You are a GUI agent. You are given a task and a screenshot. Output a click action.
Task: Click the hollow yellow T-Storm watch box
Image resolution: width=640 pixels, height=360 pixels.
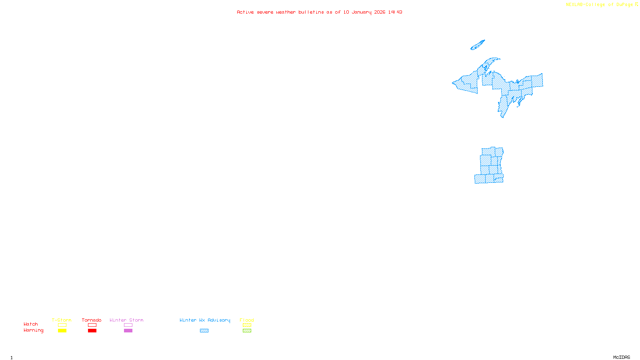pyautogui.click(x=62, y=325)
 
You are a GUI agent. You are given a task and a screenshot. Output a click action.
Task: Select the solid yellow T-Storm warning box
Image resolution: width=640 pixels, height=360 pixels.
pyautogui.click(x=62, y=331)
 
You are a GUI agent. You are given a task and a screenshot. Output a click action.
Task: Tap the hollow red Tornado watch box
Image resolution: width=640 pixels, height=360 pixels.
pyautogui.click(x=92, y=325)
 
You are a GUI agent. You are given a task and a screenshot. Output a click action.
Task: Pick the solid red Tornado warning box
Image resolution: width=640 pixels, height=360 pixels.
pyautogui.click(x=92, y=331)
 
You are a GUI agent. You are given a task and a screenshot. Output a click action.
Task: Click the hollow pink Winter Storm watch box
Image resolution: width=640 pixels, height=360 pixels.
pyautogui.click(x=128, y=325)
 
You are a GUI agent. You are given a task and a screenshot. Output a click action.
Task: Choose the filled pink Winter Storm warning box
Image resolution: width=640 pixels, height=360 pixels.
pyautogui.click(x=128, y=331)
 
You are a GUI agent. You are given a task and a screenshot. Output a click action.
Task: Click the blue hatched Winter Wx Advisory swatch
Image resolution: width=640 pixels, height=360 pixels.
pyautogui.click(x=204, y=331)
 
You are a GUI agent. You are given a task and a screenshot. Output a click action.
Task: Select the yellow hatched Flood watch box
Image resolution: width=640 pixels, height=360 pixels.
pyautogui.click(x=247, y=325)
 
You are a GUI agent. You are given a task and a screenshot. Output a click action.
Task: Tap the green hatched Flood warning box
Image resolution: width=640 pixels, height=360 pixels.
pyautogui.click(x=247, y=331)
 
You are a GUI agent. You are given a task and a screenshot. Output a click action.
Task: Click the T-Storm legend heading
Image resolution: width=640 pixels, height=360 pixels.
pyautogui.click(x=62, y=320)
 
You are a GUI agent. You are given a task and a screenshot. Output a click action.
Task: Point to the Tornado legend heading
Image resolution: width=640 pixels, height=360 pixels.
pyautogui.click(x=92, y=320)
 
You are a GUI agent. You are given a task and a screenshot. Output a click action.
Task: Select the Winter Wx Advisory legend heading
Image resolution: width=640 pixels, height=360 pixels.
pyautogui.click(x=205, y=320)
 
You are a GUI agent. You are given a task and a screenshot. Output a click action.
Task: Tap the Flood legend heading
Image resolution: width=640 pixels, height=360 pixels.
pyautogui.click(x=247, y=320)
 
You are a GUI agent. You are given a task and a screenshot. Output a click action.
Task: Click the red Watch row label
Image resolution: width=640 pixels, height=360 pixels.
pyautogui.click(x=31, y=324)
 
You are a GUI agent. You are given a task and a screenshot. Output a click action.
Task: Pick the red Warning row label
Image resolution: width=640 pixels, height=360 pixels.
pyautogui.click(x=33, y=330)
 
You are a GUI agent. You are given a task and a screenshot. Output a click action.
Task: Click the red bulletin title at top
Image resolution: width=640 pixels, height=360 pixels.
pyautogui.click(x=319, y=12)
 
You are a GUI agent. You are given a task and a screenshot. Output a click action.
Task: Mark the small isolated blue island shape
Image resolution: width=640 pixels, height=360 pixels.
pyautogui.click(x=478, y=45)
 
